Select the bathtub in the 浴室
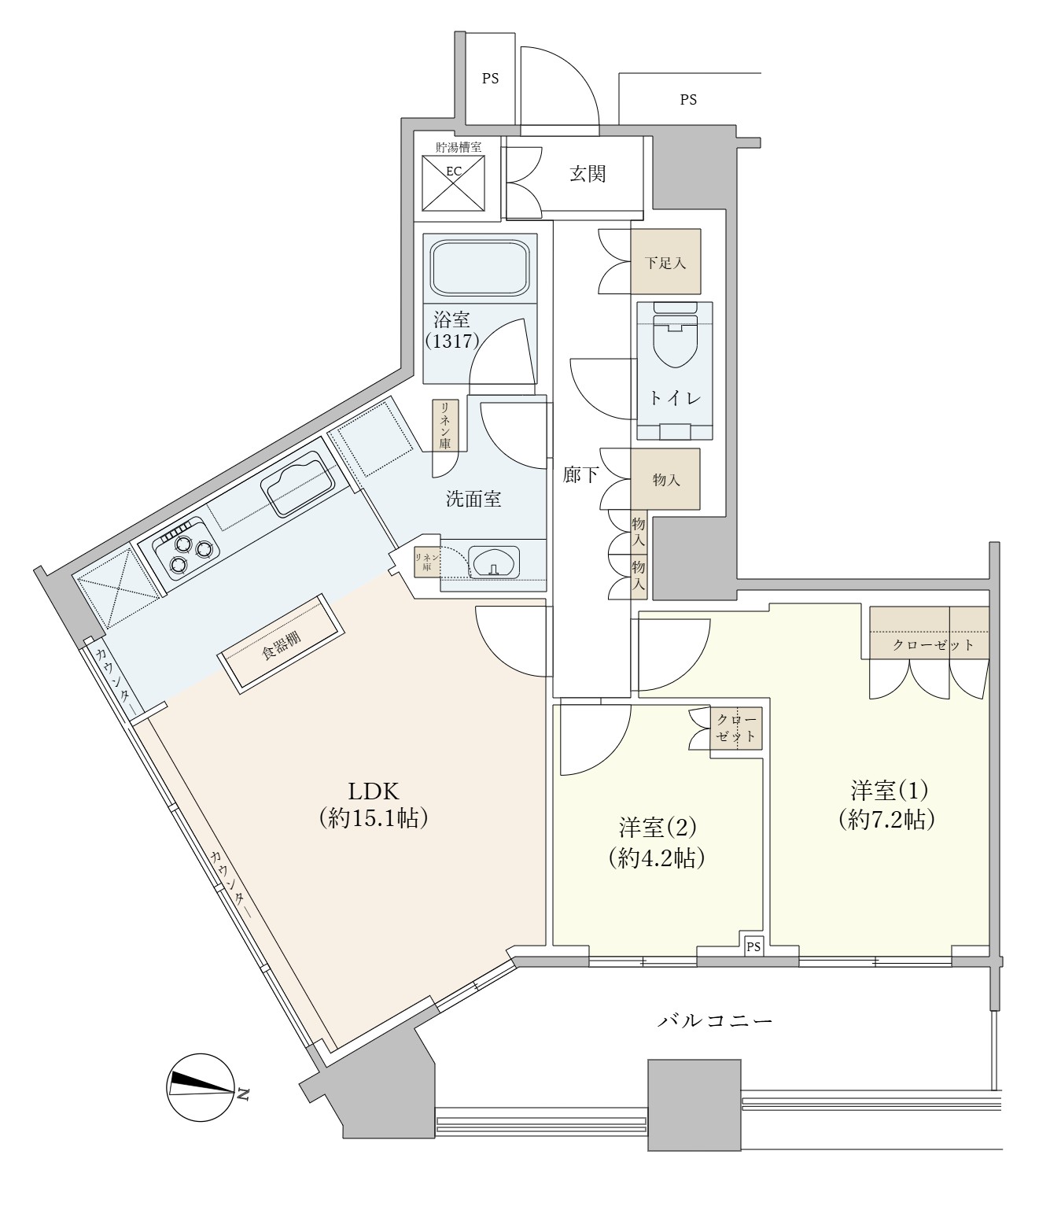click(x=480, y=267)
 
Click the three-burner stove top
click(x=186, y=549)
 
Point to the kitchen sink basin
click(x=298, y=484)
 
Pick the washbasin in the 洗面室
click(x=494, y=562)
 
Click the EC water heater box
click(x=453, y=183)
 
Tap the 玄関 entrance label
click(x=588, y=174)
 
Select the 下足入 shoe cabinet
click(x=665, y=261)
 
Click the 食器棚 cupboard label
click(x=282, y=644)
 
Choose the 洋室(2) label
click(x=658, y=828)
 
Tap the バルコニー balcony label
click(x=715, y=1021)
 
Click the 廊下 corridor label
click(x=581, y=474)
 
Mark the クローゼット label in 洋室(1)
click(x=933, y=645)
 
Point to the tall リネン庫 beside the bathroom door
click(x=445, y=425)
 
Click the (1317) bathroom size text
click(x=452, y=341)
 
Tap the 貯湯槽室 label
click(x=459, y=146)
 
